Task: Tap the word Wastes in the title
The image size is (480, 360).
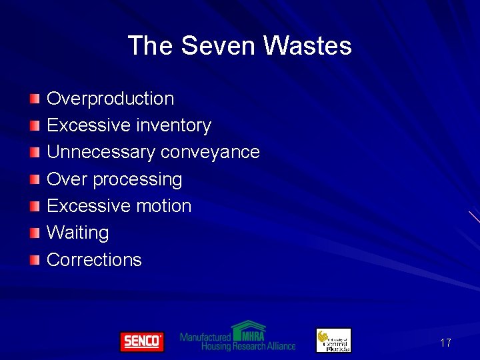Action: pyautogui.click(x=307, y=46)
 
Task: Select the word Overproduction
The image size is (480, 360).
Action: pyautogui.click(x=110, y=99)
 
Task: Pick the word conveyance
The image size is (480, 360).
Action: pyautogui.click(x=210, y=152)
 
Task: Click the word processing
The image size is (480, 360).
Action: pyautogui.click(x=137, y=179)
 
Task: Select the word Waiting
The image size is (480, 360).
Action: pyautogui.click(x=77, y=233)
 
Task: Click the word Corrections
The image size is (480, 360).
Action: pyautogui.click(x=94, y=259)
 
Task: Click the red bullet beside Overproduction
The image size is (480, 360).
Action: pyautogui.click(x=35, y=99)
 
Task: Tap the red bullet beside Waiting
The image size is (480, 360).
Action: pyautogui.click(x=35, y=233)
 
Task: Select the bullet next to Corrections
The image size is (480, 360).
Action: pyautogui.click(x=35, y=259)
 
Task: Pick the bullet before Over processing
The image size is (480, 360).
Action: pyautogui.click(x=35, y=179)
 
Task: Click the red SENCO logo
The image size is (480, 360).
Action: pyautogui.click(x=141, y=341)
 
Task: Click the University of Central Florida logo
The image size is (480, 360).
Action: pyautogui.click(x=333, y=340)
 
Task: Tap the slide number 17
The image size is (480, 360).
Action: pyautogui.click(x=445, y=343)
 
